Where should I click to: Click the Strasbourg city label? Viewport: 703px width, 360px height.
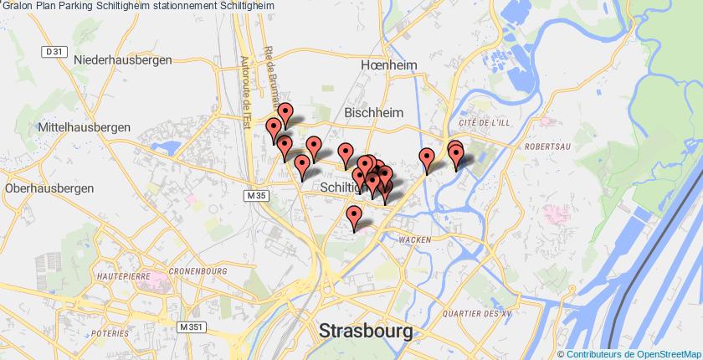366,331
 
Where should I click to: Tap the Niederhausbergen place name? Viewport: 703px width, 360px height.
123,60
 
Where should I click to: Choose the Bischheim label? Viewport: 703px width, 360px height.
373,112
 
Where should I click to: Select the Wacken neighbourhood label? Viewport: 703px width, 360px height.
415,239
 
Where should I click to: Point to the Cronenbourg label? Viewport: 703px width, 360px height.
198,271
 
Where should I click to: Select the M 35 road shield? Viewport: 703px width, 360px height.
256,196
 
